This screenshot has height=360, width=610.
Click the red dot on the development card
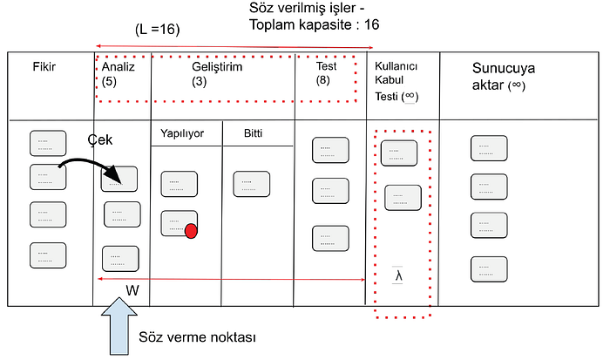pyautogui.click(x=191, y=231)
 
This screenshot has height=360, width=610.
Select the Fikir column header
pyautogui.click(x=44, y=67)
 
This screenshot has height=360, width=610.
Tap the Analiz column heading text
pyautogui.click(x=119, y=67)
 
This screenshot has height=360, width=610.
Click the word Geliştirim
pyautogui.click(x=217, y=67)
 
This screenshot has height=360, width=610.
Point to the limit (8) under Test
pyautogui.click(x=323, y=80)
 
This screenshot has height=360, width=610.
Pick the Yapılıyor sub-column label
pyautogui.click(x=182, y=133)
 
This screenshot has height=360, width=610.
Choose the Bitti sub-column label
pyautogui.click(x=253, y=133)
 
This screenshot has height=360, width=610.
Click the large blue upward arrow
pyautogui.click(x=119, y=326)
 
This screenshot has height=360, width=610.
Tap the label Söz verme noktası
pyautogui.click(x=197, y=337)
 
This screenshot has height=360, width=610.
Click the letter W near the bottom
pyautogui.click(x=132, y=290)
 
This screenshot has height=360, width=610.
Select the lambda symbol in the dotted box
pyautogui.click(x=397, y=275)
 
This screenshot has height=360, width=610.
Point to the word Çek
pyautogui.click(x=100, y=140)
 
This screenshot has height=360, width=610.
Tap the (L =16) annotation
pyautogui.click(x=158, y=29)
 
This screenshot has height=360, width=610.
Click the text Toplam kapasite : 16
pyautogui.click(x=315, y=25)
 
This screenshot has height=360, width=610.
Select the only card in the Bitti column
pyautogui.click(x=251, y=184)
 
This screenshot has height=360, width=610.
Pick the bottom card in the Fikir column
pyautogui.click(x=48, y=255)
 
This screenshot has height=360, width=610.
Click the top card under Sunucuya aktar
pyautogui.click(x=489, y=148)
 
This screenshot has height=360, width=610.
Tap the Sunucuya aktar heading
pyautogui.click(x=504, y=77)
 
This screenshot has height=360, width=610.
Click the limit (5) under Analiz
pyautogui.click(x=109, y=82)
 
